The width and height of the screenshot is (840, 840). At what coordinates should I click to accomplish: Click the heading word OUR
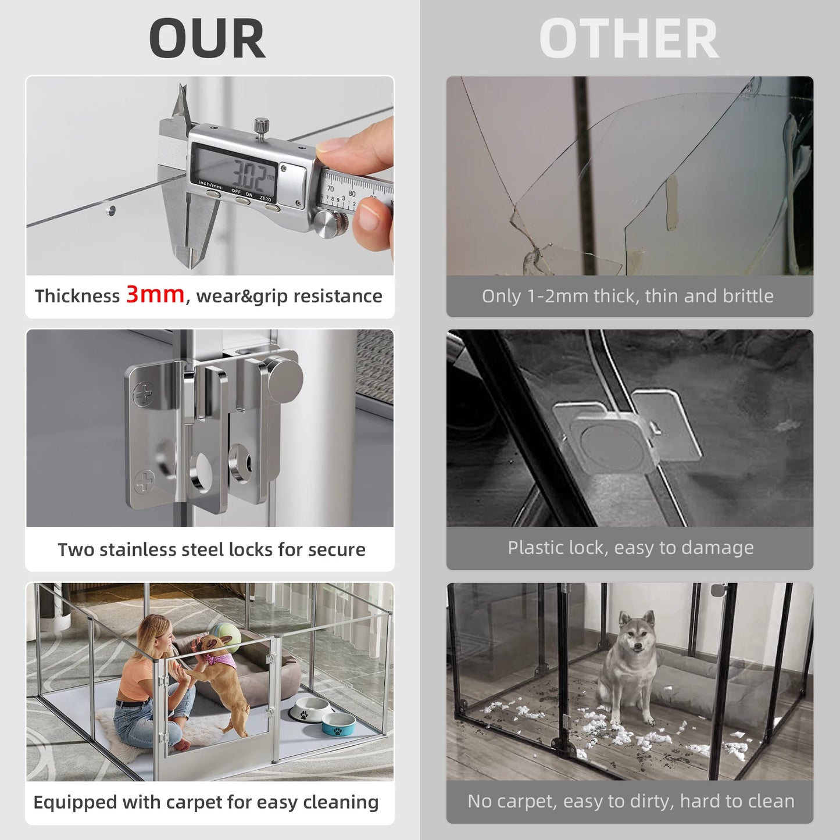(x=207, y=39)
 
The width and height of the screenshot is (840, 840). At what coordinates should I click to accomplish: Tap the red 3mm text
(x=155, y=294)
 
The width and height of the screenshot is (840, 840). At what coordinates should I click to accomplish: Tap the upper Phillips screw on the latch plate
(x=143, y=395)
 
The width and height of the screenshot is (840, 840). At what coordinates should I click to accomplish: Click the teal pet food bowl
(x=338, y=724)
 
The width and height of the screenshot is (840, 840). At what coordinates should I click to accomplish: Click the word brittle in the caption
(x=748, y=296)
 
